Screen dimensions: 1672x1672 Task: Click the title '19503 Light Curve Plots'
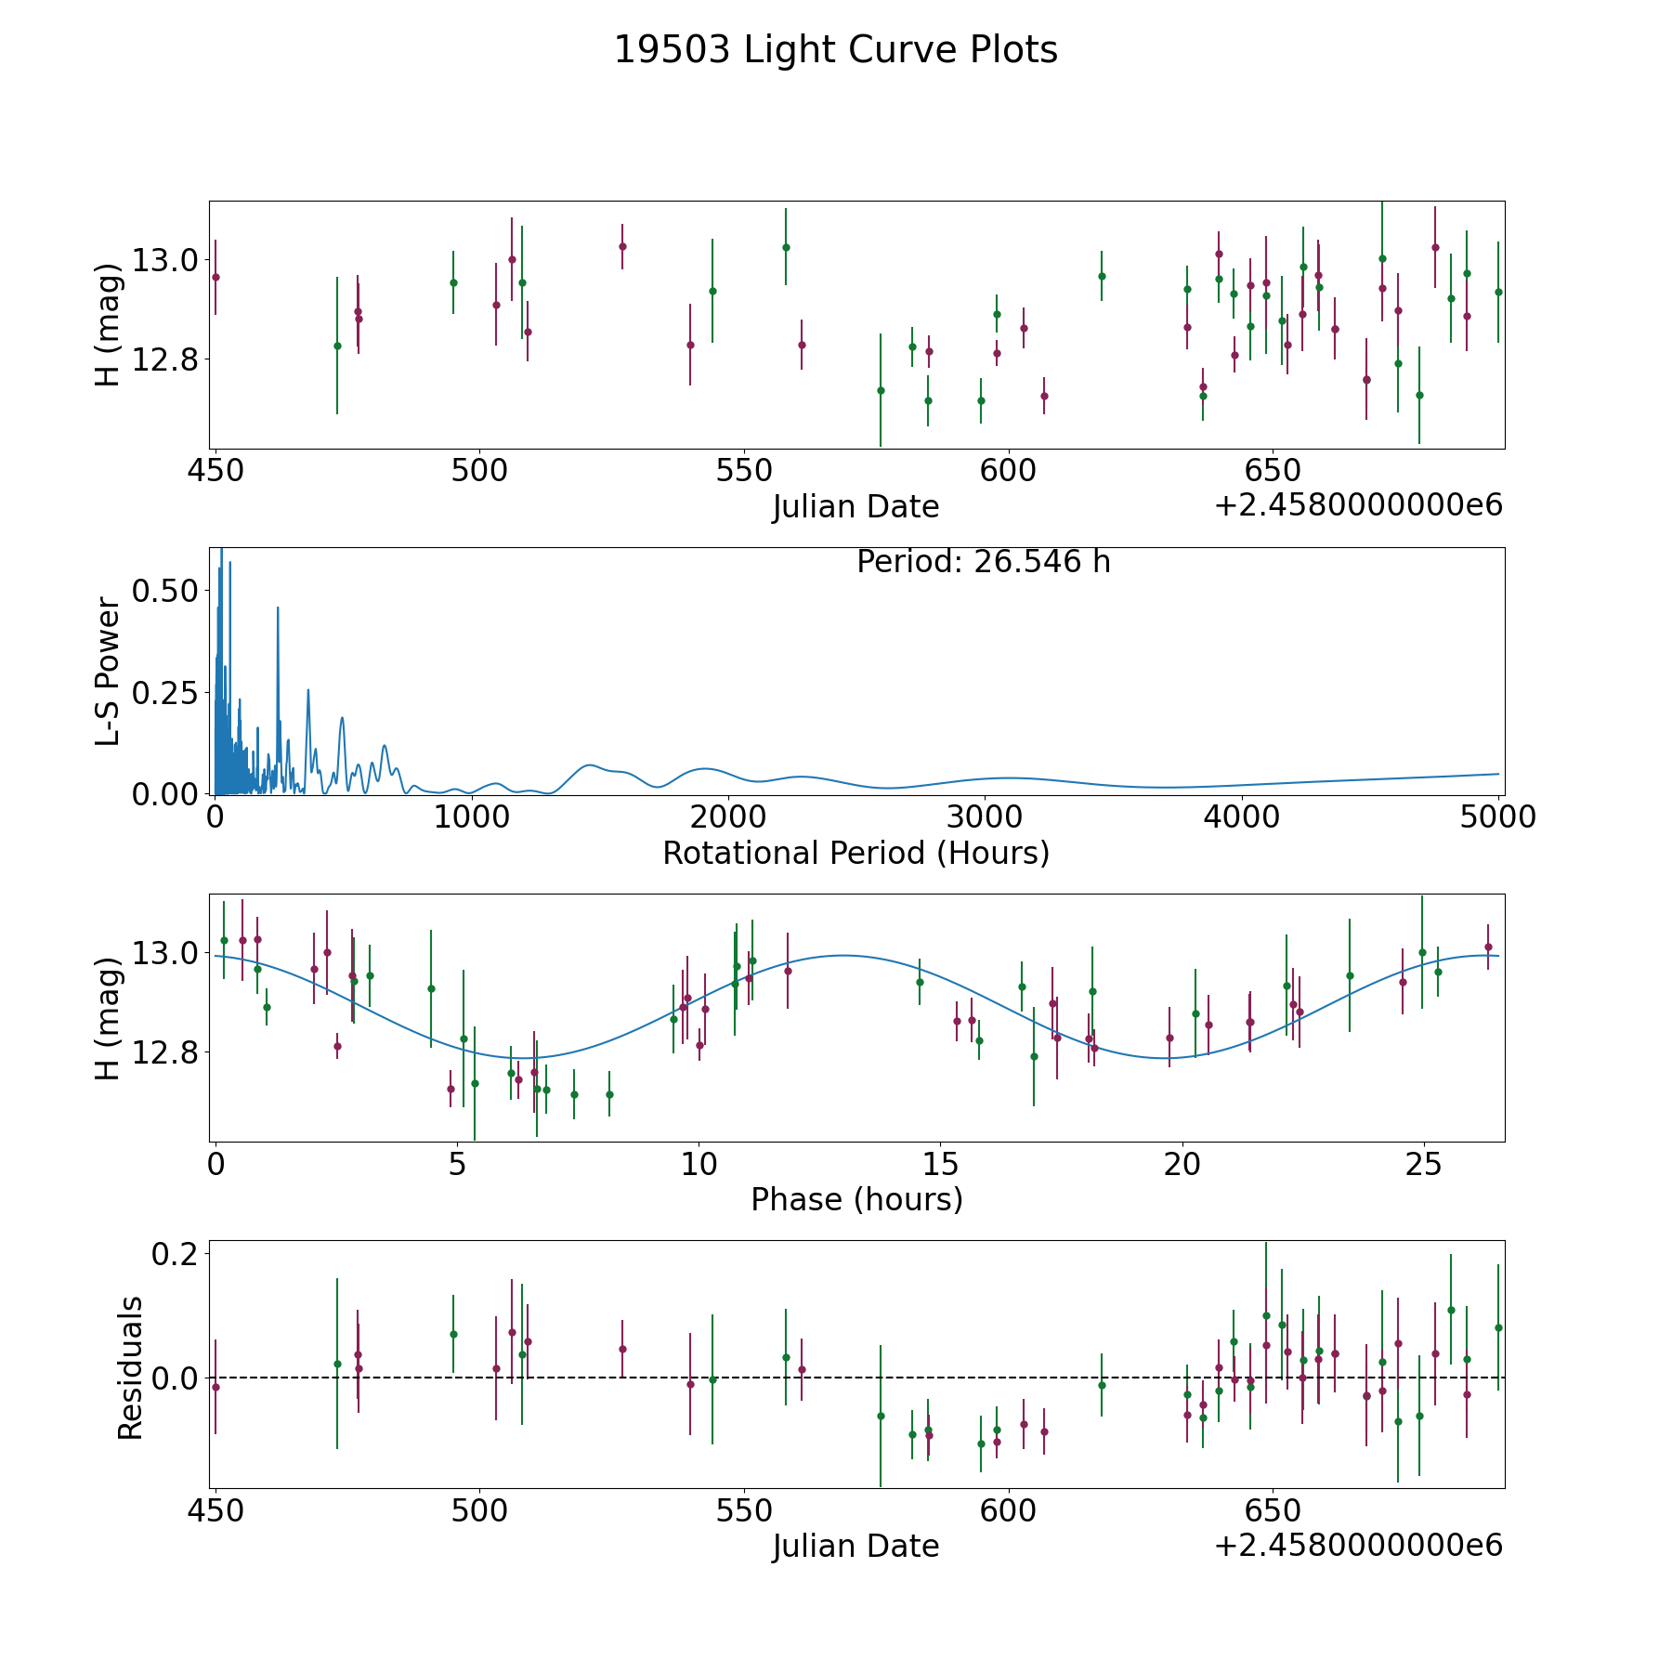pyautogui.click(x=835, y=50)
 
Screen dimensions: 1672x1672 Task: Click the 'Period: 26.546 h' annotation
pyautogui.click(x=983, y=562)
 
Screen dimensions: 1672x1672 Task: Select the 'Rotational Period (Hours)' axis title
pyautogui.click(x=856, y=853)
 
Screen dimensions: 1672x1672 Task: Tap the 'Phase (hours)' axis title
pyautogui.click(x=856, y=1199)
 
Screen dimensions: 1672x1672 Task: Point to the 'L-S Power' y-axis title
pyautogui.click(x=108, y=672)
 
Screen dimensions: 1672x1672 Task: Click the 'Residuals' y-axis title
pyautogui.click(x=130, y=1367)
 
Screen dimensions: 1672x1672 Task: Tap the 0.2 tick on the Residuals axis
pyautogui.click(x=176, y=1254)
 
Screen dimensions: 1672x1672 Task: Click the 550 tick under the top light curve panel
pyautogui.click(x=744, y=470)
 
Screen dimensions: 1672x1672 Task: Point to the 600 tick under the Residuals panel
pyautogui.click(x=1008, y=1510)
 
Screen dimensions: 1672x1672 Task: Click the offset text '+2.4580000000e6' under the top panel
pyautogui.click(x=1358, y=506)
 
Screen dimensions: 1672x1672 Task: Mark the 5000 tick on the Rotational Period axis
pyautogui.click(x=1499, y=817)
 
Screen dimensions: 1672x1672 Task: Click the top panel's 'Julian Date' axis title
pyautogui.click(x=856, y=507)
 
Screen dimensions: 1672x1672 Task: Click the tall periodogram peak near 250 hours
pyautogui.click(x=278, y=609)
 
